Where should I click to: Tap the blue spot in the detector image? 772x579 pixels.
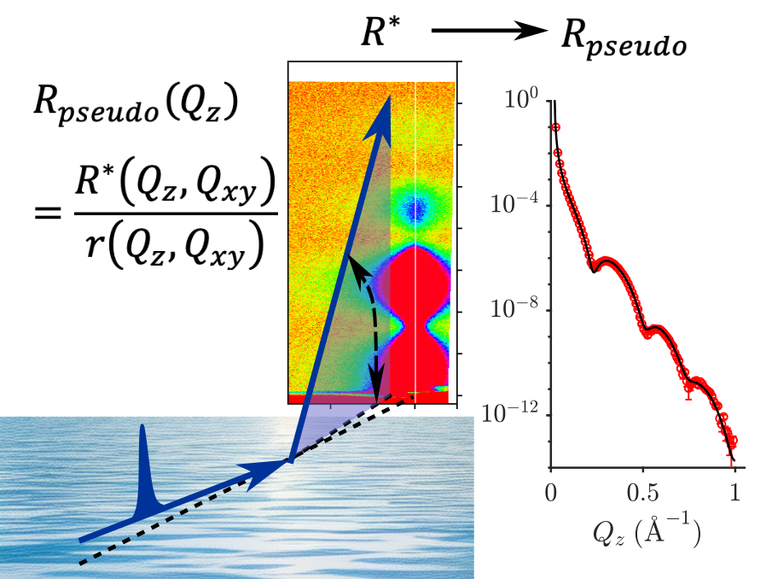[416, 208]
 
